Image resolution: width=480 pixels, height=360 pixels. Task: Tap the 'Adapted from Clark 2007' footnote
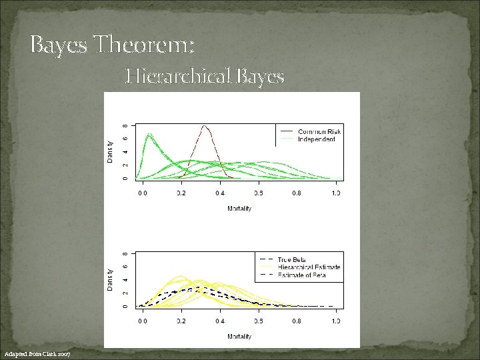pos(41,353)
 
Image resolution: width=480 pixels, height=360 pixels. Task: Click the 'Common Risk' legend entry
pos(319,131)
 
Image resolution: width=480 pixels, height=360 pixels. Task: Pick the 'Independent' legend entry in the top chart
pos(316,139)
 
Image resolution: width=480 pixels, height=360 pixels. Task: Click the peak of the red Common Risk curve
pos(205,125)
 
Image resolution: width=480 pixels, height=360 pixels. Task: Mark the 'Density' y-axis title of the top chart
pos(110,150)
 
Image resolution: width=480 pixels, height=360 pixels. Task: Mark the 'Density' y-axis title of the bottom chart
pos(110,279)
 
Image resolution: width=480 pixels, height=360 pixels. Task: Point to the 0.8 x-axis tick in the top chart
pos(296,193)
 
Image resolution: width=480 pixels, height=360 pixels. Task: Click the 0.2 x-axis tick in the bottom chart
pos(181,321)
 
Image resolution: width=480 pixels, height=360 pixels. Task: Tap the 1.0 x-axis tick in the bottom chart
pos(335,321)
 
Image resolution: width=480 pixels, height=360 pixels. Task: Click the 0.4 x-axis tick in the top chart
pos(219,193)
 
